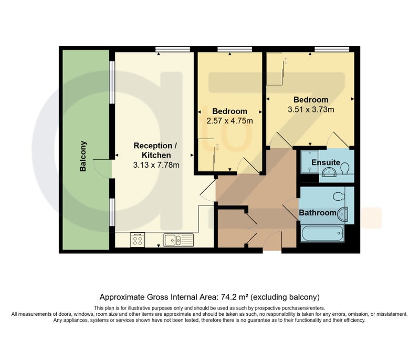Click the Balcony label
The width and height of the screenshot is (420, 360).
tap(83, 156)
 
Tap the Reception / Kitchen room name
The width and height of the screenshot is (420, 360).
tap(155, 150)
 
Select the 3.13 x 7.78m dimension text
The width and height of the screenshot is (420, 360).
tap(156, 165)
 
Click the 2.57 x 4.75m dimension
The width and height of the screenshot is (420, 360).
tap(229, 121)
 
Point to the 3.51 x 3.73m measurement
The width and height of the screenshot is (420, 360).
tap(311, 109)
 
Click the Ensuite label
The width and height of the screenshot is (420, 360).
tap(325, 162)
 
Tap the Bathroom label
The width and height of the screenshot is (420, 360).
tap(318, 213)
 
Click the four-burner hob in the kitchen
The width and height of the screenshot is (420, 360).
tap(138, 240)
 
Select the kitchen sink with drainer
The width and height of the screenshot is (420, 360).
tap(178, 240)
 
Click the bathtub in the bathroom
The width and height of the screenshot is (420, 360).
tap(322, 233)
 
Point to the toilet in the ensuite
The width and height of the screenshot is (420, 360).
tap(345, 168)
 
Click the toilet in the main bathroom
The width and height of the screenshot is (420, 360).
tap(339, 196)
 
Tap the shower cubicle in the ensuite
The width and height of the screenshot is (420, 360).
tap(309, 162)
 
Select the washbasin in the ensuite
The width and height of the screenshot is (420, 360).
tap(329, 172)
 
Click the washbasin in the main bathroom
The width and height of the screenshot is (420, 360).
tap(343, 214)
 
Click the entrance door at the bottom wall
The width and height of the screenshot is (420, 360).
tap(272, 241)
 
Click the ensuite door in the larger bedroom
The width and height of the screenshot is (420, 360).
tap(338, 140)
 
